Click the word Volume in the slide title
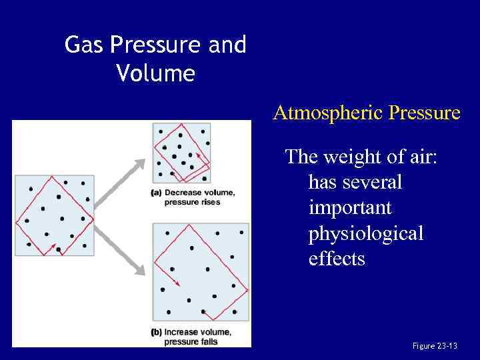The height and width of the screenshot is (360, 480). pyautogui.click(x=155, y=73)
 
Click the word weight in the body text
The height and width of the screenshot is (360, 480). pyautogui.click(x=349, y=157)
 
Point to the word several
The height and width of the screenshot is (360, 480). pyautogui.click(x=371, y=182)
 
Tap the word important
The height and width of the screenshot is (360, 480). pyautogui.click(x=350, y=207)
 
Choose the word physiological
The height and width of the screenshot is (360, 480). pyautogui.click(x=366, y=233)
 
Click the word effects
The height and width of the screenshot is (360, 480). pyautogui.click(x=337, y=258)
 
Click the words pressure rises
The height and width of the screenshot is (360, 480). pyautogui.click(x=191, y=202)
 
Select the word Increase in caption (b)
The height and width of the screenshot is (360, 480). pyautogui.click(x=181, y=332)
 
